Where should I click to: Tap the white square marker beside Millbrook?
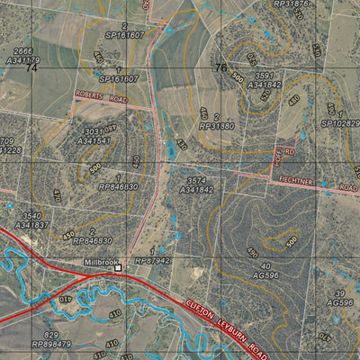(117, 268)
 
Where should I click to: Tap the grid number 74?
(32, 67)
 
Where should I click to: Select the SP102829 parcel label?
(339, 122)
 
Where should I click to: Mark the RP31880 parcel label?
(216, 126)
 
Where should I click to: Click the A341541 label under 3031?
(94, 140)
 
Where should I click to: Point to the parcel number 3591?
(263, 76)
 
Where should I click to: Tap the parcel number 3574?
(196, 181)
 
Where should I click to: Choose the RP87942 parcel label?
(153, 260)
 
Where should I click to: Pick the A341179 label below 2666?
(23, 60)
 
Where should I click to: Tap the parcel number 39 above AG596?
(339, 294)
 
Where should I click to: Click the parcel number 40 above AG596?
(266, 266)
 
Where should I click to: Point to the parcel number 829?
(52, 334)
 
